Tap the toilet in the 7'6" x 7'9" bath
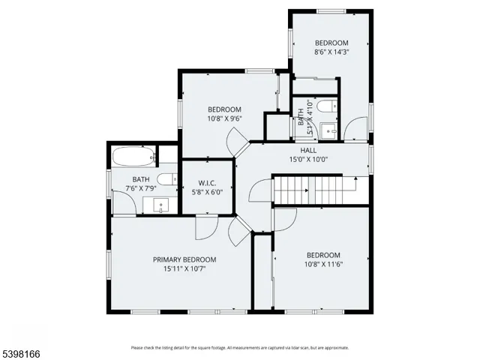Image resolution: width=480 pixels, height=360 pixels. pyautogui.click(x=171, y=178)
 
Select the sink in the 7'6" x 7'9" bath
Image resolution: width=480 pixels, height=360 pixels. pyautogui.click(x=159, y=205)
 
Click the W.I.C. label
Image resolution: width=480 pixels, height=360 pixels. pyautogui.click(x=208, y=183)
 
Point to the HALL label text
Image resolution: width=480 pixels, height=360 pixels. pyautogui.click(x=309, y=150)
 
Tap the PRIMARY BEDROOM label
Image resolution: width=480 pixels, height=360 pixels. pyautogui.click(x=184, y=259)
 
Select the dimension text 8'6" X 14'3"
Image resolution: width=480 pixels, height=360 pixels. pyautogui.click(x=331, y=52)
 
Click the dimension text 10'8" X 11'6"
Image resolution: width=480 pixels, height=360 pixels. pyautogui.click(x=323, y=264)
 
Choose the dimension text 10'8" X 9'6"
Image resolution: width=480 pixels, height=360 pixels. pyautogui.click(x=224, y=118)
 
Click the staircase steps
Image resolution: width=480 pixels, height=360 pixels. pyautogui.click(x=315, y=190)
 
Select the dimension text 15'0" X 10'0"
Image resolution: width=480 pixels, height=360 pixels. pyautogui.click(x=309, y=159)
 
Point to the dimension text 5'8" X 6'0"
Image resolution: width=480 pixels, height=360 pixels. pyautogui.click(x=208, y=192)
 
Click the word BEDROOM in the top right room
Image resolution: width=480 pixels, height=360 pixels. pyautogui.click(x=331, y=43)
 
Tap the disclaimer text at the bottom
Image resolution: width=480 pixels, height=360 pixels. pyautogui.click(x=239, y=347)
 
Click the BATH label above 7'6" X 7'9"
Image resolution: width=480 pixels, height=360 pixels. pyautogui.click(x=141, y=179)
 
